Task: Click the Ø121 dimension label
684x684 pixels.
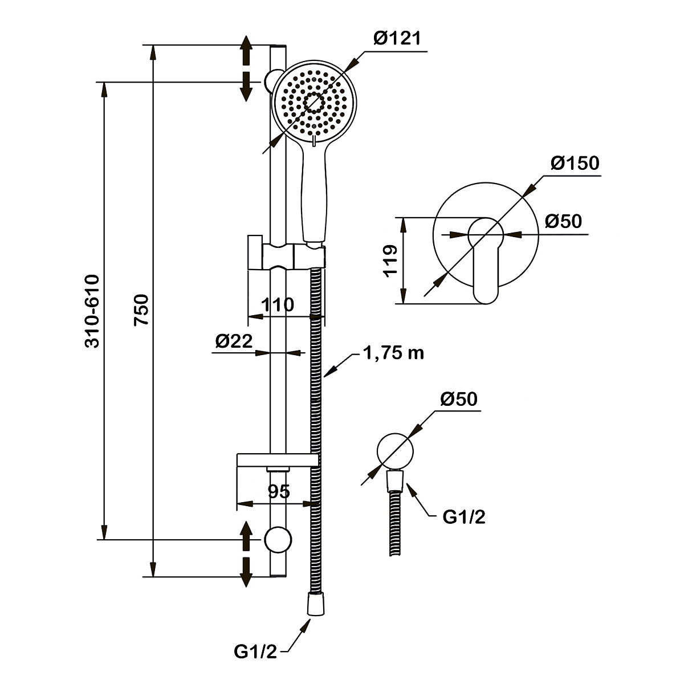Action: tap(397, 39)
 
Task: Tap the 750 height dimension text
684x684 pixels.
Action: tap(141, 310)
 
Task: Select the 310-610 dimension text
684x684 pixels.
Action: tap(92, 311)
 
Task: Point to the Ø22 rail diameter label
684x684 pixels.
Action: tap(234, 341)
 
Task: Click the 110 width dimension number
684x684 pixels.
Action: tap(278, 305)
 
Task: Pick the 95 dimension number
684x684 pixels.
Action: tap(278, 491)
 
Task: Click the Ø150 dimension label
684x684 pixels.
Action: tap(575, 164)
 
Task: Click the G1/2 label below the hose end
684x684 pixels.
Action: tap(255, 652)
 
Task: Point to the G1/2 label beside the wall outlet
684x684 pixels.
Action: tap(465, 517)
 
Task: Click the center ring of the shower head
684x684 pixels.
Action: tap(315, 103)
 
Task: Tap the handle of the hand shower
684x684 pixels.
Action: tap(315, 194)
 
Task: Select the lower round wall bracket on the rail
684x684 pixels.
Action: tap(278, 539)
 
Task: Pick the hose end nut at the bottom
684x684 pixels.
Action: tap(315, 604)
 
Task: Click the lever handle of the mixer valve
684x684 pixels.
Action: tap(486, 268)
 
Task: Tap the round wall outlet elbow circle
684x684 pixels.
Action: tap(394, 450)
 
